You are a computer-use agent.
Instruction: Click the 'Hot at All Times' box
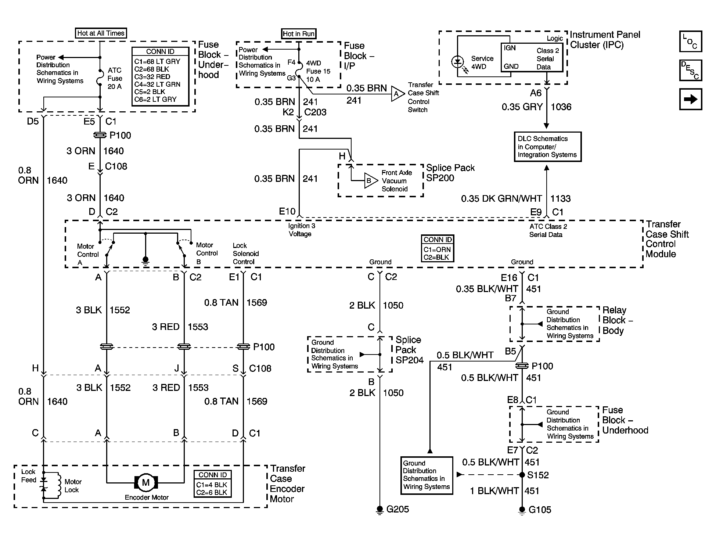pyautogui.click(x=101, y=33)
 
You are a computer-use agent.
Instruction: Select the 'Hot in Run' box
pyautogui.click(x=299, y=34)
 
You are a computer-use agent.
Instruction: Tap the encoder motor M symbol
pyautogui.click(x=146, y=482)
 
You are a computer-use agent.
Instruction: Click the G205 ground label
pyautogui.click(x=397, y=509)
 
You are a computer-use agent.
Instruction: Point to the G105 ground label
pyautogui.click(x=540, y=510)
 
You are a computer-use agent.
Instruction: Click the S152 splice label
pyautogui.click(x=538, y=475)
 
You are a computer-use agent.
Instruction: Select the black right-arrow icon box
pyautogui.click(x=691, y=99)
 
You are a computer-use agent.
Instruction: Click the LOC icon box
pyautogui.click(x=691, y=41)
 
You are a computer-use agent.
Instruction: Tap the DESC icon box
pyautogui.click(x=691, y=70)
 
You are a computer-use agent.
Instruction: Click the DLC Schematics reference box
pyautogui.click(x=547, y=147)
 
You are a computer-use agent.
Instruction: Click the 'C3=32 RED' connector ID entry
pyautogui.click(x=152, y=77)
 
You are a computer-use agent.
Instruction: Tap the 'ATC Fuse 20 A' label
pyautogui.click(x=115, y=78)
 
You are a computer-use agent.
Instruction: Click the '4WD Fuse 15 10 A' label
pyautogui.click(x=318, y=71)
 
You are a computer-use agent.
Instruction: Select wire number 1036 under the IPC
pyautogui.click(x=561, y=107)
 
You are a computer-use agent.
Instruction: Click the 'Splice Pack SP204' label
pyautogui.click(x=409, y=350)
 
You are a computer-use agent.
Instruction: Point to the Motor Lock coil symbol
pyautogui.click(x=58, y=485)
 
